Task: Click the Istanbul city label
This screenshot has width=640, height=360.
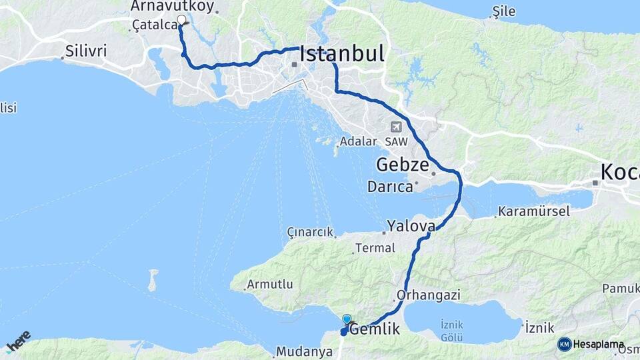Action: click(342, 53)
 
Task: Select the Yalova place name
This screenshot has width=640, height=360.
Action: click(411, 225)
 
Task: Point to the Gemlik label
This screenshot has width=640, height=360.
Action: click(375, 329)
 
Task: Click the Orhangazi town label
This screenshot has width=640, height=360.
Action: click(429, 294)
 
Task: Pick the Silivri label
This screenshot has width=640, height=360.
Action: click(85, 51)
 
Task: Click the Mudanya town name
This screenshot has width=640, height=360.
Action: click(304, 351)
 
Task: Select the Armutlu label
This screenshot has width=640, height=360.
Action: click(270, 284)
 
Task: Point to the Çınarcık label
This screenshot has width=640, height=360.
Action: click(309, 232)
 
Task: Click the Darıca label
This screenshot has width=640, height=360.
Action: click(390, 187)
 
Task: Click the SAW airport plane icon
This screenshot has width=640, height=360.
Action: click(397, 127)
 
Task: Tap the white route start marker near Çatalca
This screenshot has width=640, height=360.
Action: click(181, 19)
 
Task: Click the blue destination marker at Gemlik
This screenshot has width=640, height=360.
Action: click(347, 319)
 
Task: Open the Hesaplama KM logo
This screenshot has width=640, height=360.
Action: click(591, 344)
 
